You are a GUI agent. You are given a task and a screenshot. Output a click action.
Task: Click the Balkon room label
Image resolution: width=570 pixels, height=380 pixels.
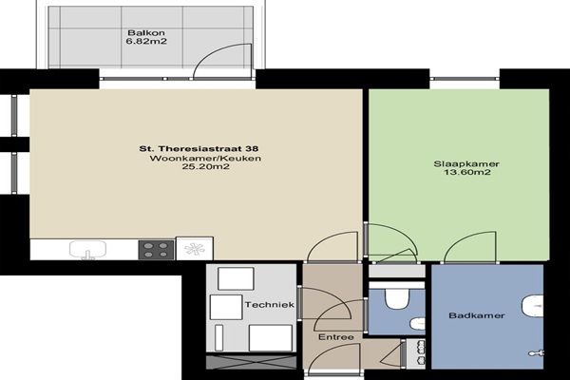[145, 32]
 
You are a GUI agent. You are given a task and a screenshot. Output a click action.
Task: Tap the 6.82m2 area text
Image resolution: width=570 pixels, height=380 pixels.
[146, 42]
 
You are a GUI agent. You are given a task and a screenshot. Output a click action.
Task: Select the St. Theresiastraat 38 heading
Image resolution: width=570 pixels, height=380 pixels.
[199, 149]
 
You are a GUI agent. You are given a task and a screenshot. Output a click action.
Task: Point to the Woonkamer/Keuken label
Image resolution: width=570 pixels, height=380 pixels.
[205, 159]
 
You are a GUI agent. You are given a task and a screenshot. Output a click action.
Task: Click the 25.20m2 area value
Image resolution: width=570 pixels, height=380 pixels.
[206, 167]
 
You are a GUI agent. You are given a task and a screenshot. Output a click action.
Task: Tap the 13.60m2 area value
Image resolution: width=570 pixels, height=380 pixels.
[467, 172]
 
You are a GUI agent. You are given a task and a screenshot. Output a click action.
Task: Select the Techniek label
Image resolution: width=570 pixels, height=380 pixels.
[270, 305]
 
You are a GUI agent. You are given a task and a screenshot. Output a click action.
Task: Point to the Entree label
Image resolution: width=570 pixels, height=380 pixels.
[336, 337]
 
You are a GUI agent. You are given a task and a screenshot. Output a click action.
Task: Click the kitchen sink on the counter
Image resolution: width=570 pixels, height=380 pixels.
[87, 250]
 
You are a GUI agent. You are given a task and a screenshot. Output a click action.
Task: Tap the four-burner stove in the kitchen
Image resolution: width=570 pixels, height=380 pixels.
[156, 250]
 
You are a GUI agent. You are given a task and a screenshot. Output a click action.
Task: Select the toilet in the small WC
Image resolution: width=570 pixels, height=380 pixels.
[397, 298]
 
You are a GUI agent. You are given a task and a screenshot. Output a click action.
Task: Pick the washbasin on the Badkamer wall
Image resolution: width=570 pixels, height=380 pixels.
[533, 307]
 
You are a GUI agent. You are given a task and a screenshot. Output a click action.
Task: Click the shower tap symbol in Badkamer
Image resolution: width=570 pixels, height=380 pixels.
[537, 352]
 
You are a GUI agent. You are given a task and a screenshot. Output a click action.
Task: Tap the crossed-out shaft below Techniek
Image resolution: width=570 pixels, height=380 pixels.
[251, 362]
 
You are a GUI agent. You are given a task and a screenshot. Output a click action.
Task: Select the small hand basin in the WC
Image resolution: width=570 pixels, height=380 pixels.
[417, 324]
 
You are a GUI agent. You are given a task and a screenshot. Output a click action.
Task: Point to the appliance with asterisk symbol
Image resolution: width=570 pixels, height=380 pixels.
[195, 249]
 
